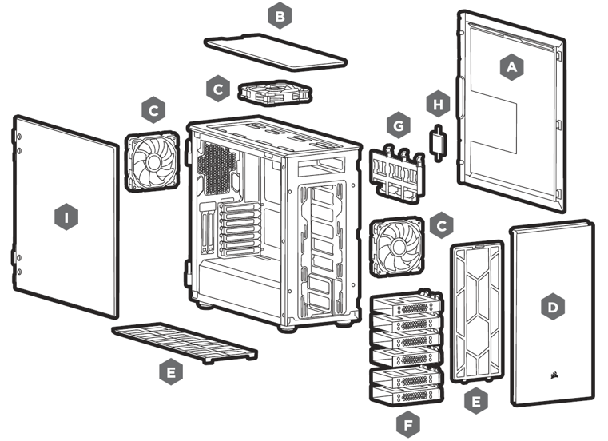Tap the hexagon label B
(279, 15)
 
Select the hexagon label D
(551, 306)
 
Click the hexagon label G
(396, 125)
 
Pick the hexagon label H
(436, 104)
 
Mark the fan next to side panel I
(154, 160)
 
